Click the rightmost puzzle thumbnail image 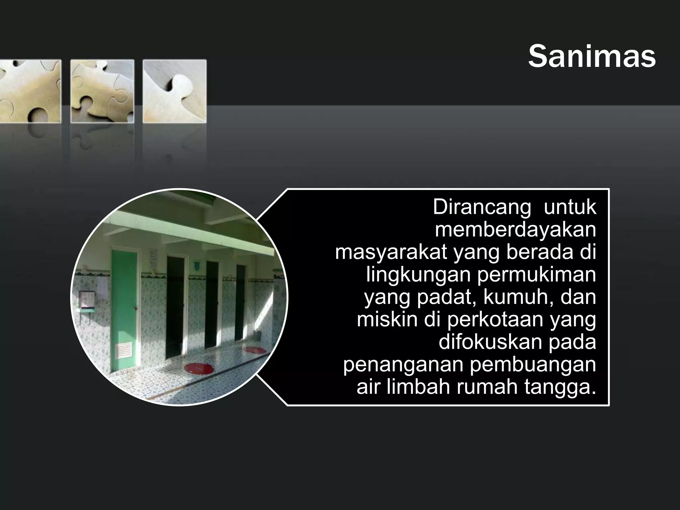175,91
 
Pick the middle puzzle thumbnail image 102,91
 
